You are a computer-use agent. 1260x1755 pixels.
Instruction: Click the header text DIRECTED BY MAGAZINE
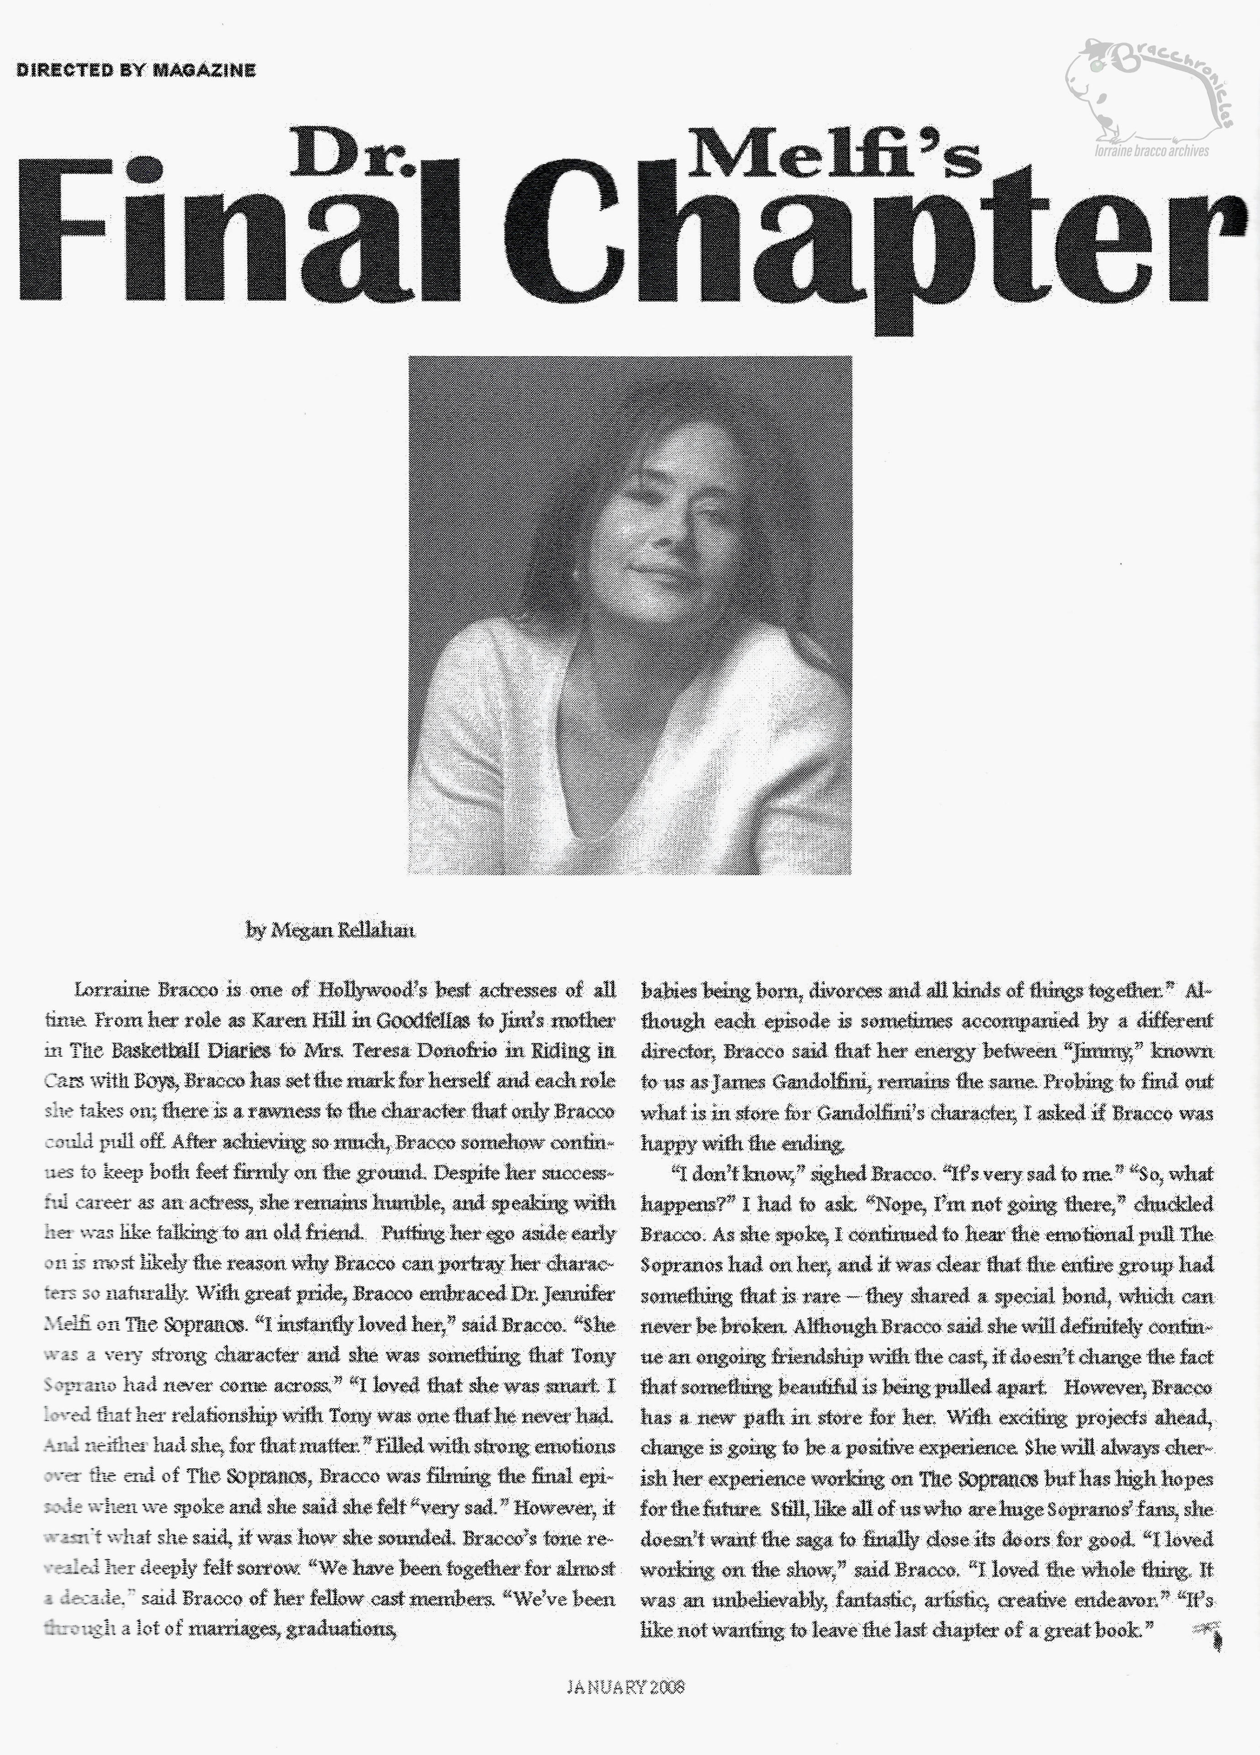(x=136, y=70)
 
